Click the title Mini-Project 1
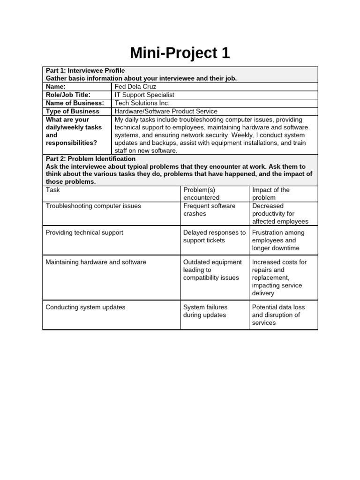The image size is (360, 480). [x=180, y=53]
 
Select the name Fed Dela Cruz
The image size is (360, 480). [x=135, y=87]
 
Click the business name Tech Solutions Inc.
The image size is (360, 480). [x=142, y=103]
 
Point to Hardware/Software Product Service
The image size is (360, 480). [x=166, y=111]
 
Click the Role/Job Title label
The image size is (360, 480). [x=70, y=95]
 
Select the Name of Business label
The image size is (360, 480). [x=75, y=103]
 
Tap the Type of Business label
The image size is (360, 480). [x=72, y=111]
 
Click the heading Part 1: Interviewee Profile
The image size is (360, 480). [x=85, y=70]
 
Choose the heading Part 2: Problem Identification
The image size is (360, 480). [x=90, y=159]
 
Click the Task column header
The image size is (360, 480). [x=53, y=190]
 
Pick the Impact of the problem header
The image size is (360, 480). [x=271, y=194]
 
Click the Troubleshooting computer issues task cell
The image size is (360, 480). [x=93, y=206]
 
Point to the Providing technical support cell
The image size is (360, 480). [x=84, y=232]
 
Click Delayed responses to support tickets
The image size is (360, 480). [x=214, y=236]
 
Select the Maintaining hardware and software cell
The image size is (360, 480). [x=96, y=262]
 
